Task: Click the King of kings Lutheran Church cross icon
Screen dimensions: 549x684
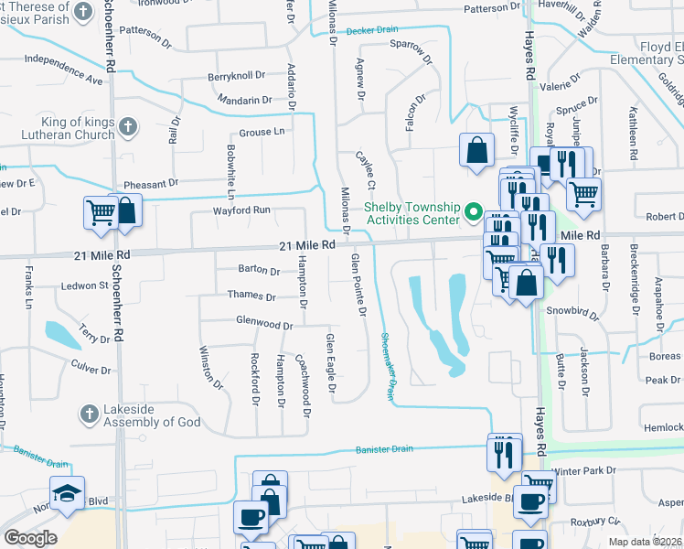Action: (128, 126)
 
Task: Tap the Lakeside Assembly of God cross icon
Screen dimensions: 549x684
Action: (89, 414)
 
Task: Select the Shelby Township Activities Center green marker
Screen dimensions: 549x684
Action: (474, 212)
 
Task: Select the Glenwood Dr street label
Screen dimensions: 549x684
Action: (263, 325)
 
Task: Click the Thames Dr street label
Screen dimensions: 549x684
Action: (251, 296)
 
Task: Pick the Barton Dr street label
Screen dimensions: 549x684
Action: (258, 271)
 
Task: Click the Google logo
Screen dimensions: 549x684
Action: (30, 538)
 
